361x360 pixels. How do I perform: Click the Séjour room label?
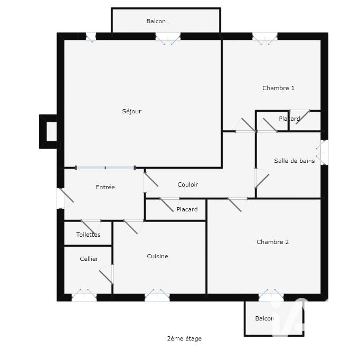point(131,111)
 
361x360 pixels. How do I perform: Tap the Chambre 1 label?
point(278,88)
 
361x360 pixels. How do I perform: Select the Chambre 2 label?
point(272,242)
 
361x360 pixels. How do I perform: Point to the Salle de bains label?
point(294,161)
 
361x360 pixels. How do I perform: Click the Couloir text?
point(187,184)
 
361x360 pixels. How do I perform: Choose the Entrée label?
point(105,187)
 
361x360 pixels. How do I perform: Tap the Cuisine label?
point(157,256)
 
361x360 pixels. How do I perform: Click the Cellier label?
point(89,259)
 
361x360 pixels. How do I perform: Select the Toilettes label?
point(88,235)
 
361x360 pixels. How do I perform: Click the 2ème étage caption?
point(184,338)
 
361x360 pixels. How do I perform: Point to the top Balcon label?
point(156,21)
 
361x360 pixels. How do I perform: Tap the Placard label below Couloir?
point(187,209)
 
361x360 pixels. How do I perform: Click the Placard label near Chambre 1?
point(289,119)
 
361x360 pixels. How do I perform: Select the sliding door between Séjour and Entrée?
point(105,168)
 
